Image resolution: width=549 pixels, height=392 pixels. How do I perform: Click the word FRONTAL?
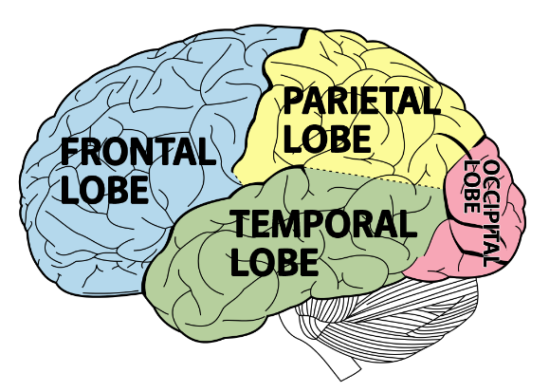pos(137,152)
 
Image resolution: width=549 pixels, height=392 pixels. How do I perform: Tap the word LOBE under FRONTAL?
pos(104,189)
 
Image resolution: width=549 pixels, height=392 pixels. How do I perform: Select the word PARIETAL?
pos(360,101)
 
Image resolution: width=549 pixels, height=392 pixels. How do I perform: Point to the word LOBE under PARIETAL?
pos(326,139)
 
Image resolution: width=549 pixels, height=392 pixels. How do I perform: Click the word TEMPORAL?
pos(322,225)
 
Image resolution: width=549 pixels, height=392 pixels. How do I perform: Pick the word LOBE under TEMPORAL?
pos(273,262)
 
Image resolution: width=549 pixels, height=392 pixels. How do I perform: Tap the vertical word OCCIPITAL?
pos(491,212)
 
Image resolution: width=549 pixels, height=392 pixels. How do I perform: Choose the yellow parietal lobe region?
pos(398,152)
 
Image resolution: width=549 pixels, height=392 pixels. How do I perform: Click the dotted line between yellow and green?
pos(379,177)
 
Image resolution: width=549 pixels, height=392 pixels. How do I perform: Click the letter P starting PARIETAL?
pos(293,101)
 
